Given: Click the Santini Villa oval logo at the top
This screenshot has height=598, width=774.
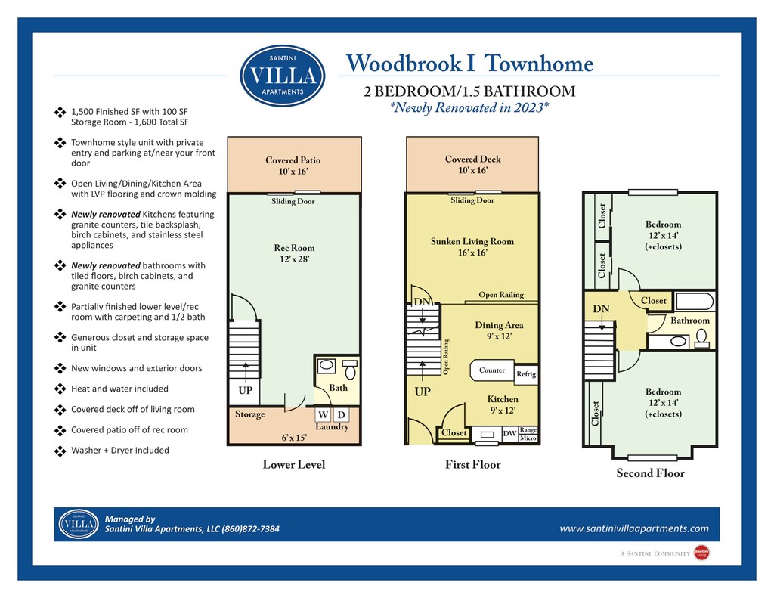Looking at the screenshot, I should pos(283,75).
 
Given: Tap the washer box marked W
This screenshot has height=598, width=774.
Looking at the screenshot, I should pos(323,415).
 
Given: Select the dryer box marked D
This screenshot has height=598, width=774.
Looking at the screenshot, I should pos(340,415).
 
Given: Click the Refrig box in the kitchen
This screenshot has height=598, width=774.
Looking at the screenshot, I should pos(526,374).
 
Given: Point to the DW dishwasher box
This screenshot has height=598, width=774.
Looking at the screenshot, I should pos(509,434).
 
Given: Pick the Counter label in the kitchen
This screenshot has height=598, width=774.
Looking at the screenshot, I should pos(492,370).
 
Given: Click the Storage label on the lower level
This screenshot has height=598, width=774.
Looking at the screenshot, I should pos(250,414).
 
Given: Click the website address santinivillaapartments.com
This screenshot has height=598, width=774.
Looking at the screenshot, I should pos(634,528).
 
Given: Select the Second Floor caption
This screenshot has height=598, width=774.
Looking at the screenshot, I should pos(650,473).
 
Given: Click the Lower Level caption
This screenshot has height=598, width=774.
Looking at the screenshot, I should pos(293,464).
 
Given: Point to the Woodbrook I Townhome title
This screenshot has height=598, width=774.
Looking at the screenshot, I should pos(469,64).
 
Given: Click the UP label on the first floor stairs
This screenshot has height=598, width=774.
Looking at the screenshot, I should pos(423,393).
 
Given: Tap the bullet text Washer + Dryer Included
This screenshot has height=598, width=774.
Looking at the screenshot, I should pos(119,451).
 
